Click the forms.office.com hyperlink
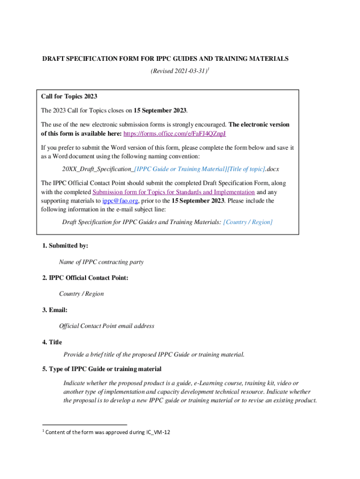[175, 134]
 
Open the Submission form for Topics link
[173, 192]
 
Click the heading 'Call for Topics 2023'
[69, 96]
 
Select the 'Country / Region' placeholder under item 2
[81, 294]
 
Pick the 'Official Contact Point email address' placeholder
[107, 326]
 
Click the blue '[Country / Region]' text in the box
[248, 222]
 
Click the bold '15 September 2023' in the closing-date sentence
[160, 111]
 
